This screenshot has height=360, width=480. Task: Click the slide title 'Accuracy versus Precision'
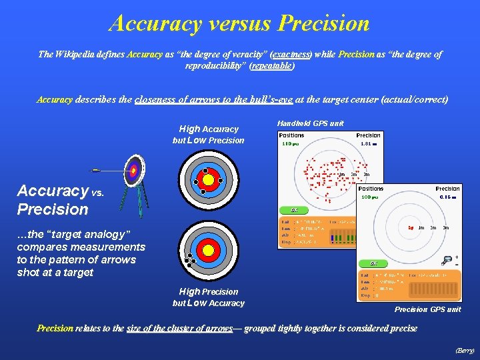239,23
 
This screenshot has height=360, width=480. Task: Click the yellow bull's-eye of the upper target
208,179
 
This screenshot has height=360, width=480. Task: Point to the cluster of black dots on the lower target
189,260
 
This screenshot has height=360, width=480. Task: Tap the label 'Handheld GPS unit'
310,123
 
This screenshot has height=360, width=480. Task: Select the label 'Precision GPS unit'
427,309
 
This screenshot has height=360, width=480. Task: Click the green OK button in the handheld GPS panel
294,211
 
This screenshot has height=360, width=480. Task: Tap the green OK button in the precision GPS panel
373,263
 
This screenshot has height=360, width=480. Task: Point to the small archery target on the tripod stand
135,170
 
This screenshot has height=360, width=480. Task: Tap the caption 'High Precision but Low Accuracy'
209,297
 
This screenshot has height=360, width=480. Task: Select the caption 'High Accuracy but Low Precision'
209,134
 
